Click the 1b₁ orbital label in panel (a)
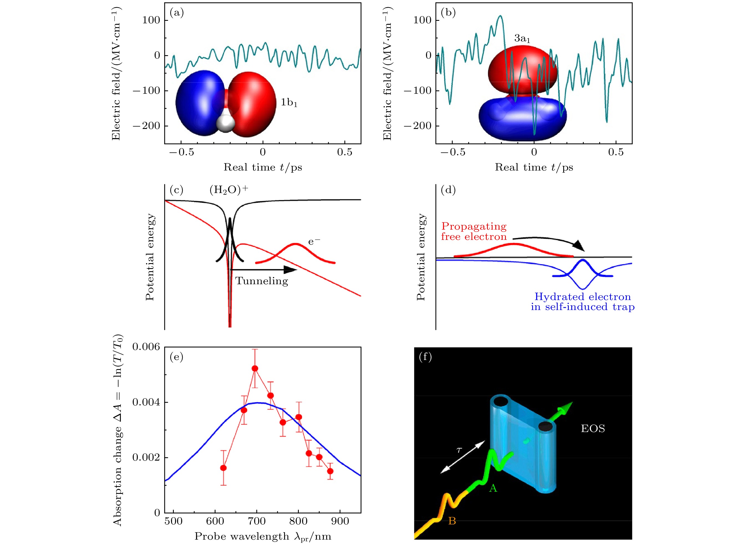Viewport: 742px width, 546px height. (289, 103)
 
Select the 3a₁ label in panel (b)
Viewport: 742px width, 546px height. (522, 39)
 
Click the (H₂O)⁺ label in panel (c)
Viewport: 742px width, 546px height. (229, 190)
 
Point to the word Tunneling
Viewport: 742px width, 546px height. (261, 281)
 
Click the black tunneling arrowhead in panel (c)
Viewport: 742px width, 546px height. (290, 270)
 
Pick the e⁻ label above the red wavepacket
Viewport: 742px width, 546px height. (314, 242)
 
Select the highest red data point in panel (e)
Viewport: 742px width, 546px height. (255, 369)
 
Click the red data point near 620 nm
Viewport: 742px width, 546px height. (223, 468)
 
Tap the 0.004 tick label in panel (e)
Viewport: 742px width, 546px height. (146, 402)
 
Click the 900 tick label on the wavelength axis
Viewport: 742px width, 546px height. (340, 521)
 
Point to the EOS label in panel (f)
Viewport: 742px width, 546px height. (593, 429)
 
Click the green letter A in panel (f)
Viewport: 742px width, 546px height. (493, 488)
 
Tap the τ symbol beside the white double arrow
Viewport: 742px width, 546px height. (459, 450)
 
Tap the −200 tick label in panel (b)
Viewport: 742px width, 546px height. (418, 126)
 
